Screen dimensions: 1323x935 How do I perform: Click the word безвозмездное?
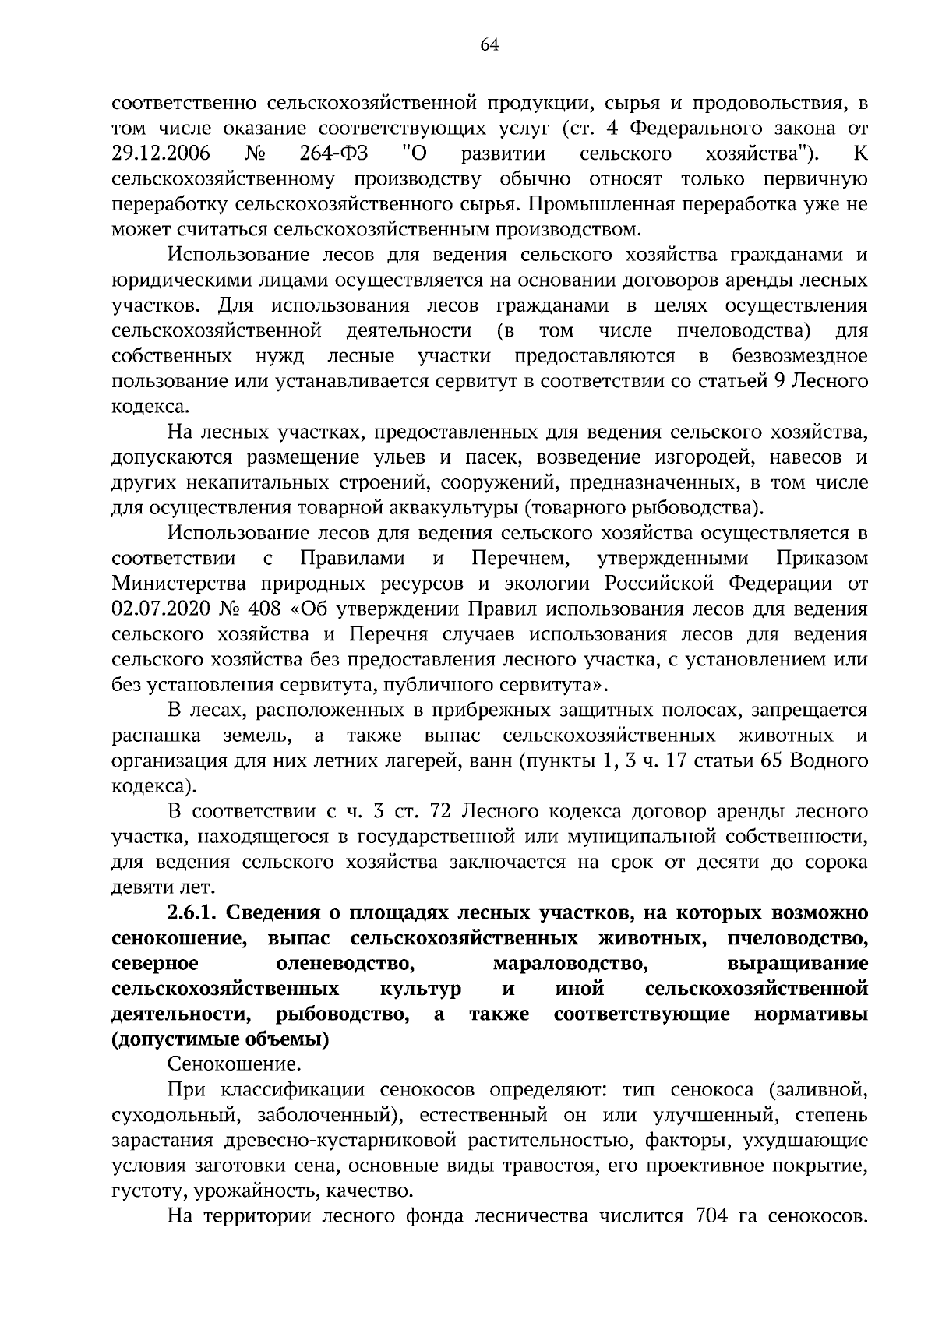(799, 356)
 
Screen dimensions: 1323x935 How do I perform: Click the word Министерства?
(180, 584)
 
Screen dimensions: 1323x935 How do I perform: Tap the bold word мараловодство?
(571, 963)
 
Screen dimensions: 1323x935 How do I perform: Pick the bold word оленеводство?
(346, 963)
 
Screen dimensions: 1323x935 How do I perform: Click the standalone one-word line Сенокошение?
(234, 1064)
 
